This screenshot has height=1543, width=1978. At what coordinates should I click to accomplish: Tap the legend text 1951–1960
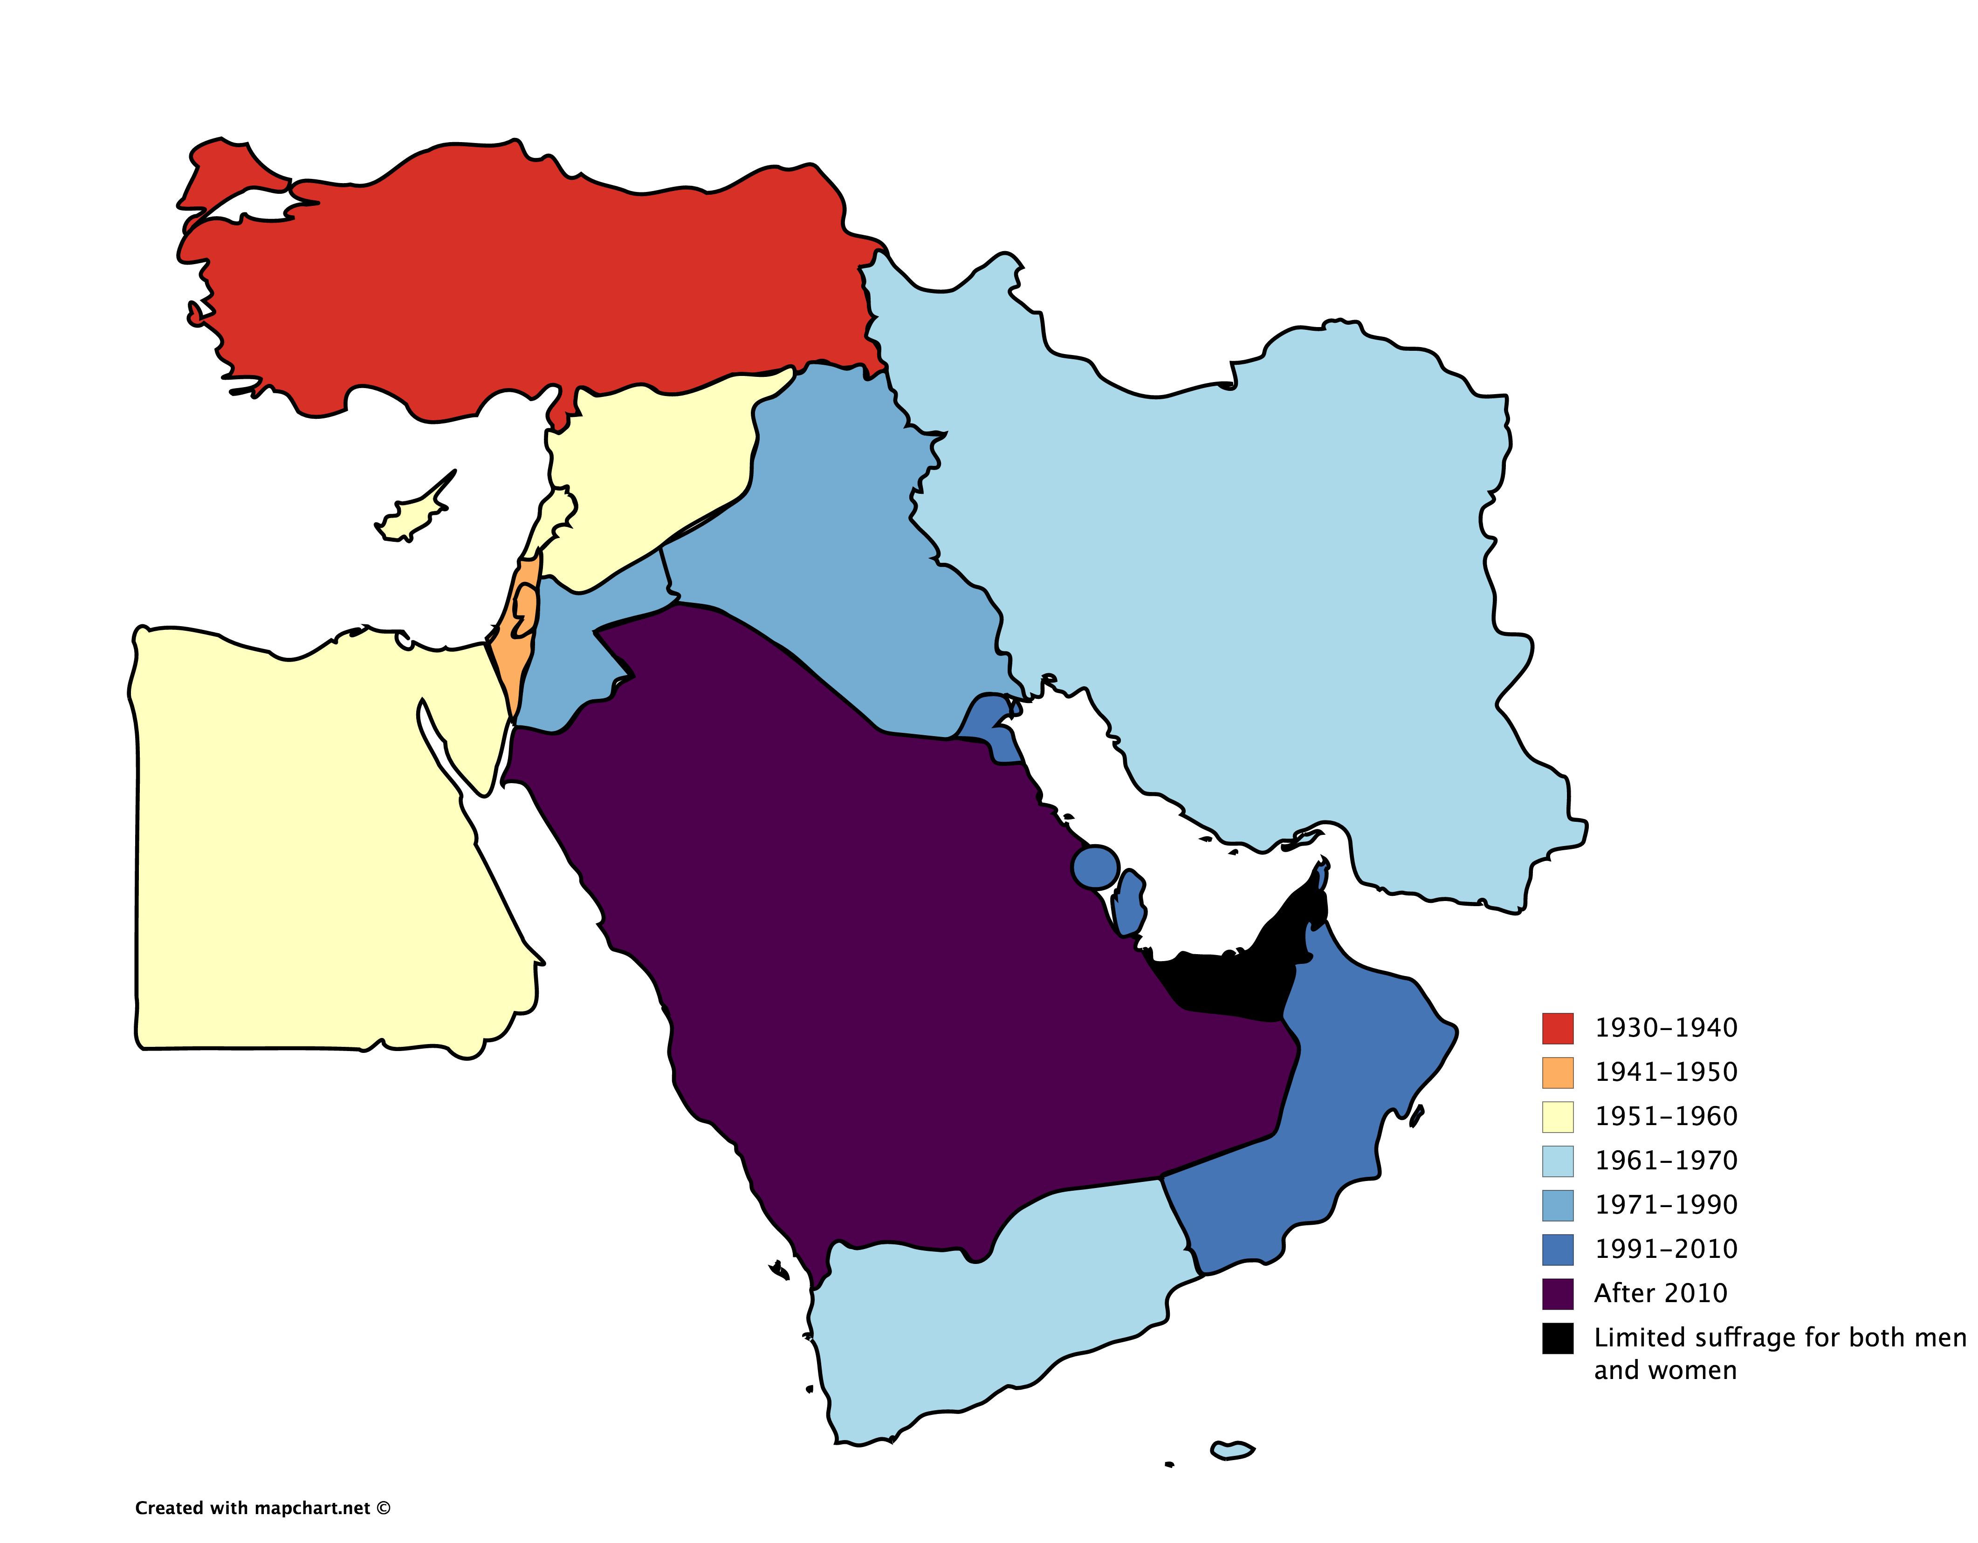tap(1666, 1117)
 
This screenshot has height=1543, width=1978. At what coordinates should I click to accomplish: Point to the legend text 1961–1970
tap(1666, 1161)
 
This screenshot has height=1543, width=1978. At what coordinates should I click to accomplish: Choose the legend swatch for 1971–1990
tap(1557, 1205)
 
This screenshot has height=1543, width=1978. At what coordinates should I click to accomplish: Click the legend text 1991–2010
tap(1666, 1249)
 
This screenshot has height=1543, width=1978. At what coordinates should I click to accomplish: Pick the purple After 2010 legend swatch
tap(1557, 1294)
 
